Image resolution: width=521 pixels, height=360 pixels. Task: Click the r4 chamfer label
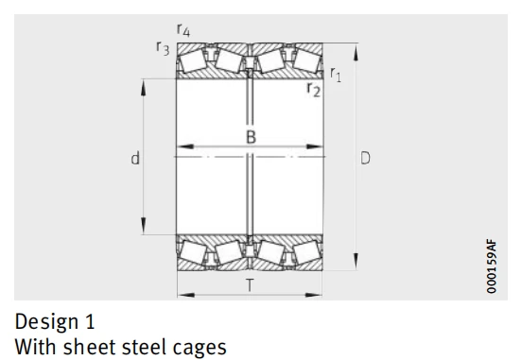coord(183,30)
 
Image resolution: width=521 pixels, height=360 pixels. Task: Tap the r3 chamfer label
coord(163,48)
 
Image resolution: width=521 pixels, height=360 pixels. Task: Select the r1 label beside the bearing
coord(336,74)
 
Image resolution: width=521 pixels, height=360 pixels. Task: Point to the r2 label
coord(314,90)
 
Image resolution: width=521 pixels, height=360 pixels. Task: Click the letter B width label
coord(252,137)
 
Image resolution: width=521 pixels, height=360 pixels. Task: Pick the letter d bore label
coord(135,158)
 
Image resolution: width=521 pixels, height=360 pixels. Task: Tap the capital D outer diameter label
coord(365,158)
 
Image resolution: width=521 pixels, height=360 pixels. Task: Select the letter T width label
coord(250,285)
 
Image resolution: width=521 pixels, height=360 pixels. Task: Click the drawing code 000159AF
coord(492,266)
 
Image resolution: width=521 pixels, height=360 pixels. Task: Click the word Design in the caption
coord(46,322)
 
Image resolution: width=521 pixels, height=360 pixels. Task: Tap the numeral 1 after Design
coord(90,321)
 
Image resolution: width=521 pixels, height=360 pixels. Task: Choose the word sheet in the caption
coord(90,347)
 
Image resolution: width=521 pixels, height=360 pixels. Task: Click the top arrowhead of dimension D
coord(356,53)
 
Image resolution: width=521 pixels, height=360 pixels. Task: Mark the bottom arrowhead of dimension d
coord(143,226)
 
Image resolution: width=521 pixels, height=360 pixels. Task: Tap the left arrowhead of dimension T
coord(186,295)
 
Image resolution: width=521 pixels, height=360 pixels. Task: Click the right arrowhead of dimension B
coord(314,146)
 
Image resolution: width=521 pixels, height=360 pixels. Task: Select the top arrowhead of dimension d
coord(143,88)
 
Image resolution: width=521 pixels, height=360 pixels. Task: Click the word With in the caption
coord(36,347)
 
